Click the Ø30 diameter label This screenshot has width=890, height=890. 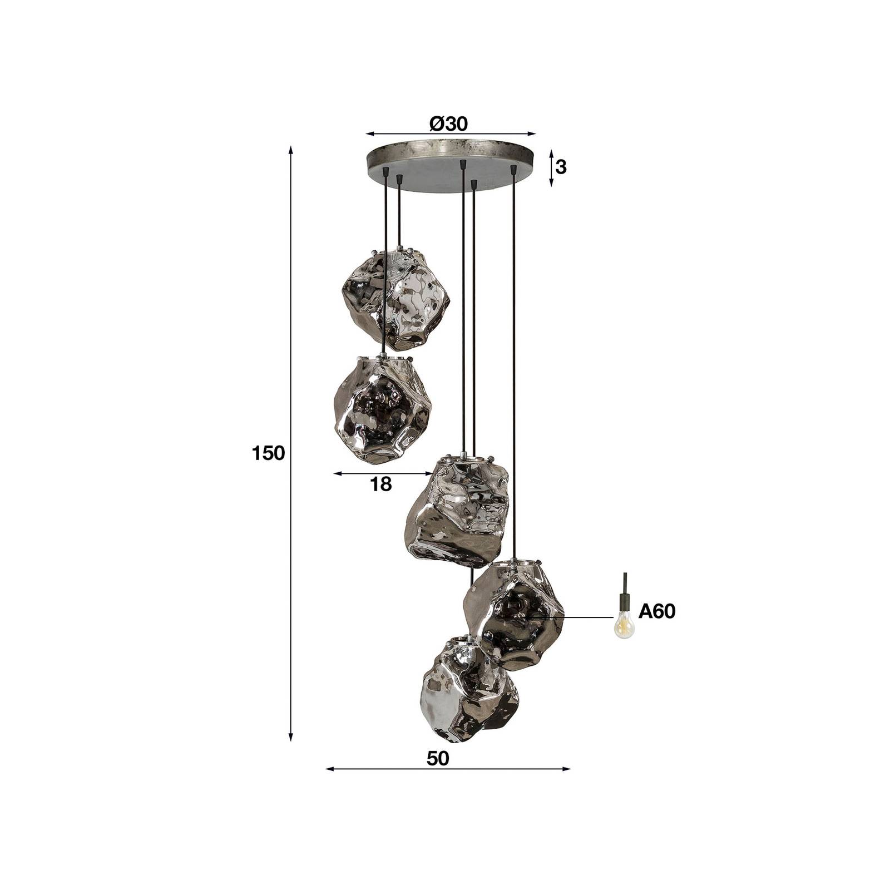point(449,123)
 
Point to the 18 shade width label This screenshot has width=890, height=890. point(380,484)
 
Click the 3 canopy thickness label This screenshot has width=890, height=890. point(561,167)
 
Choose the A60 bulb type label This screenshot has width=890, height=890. point(656,612)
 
